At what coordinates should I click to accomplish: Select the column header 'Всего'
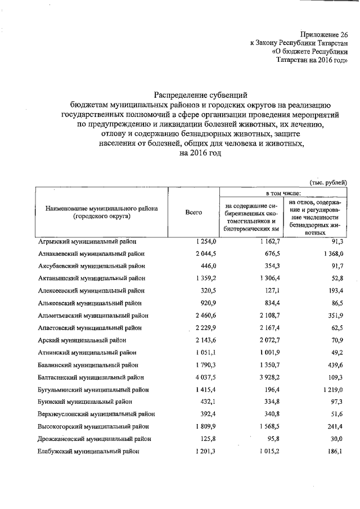(193, 212)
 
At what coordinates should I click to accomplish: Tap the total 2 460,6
(198, 315)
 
